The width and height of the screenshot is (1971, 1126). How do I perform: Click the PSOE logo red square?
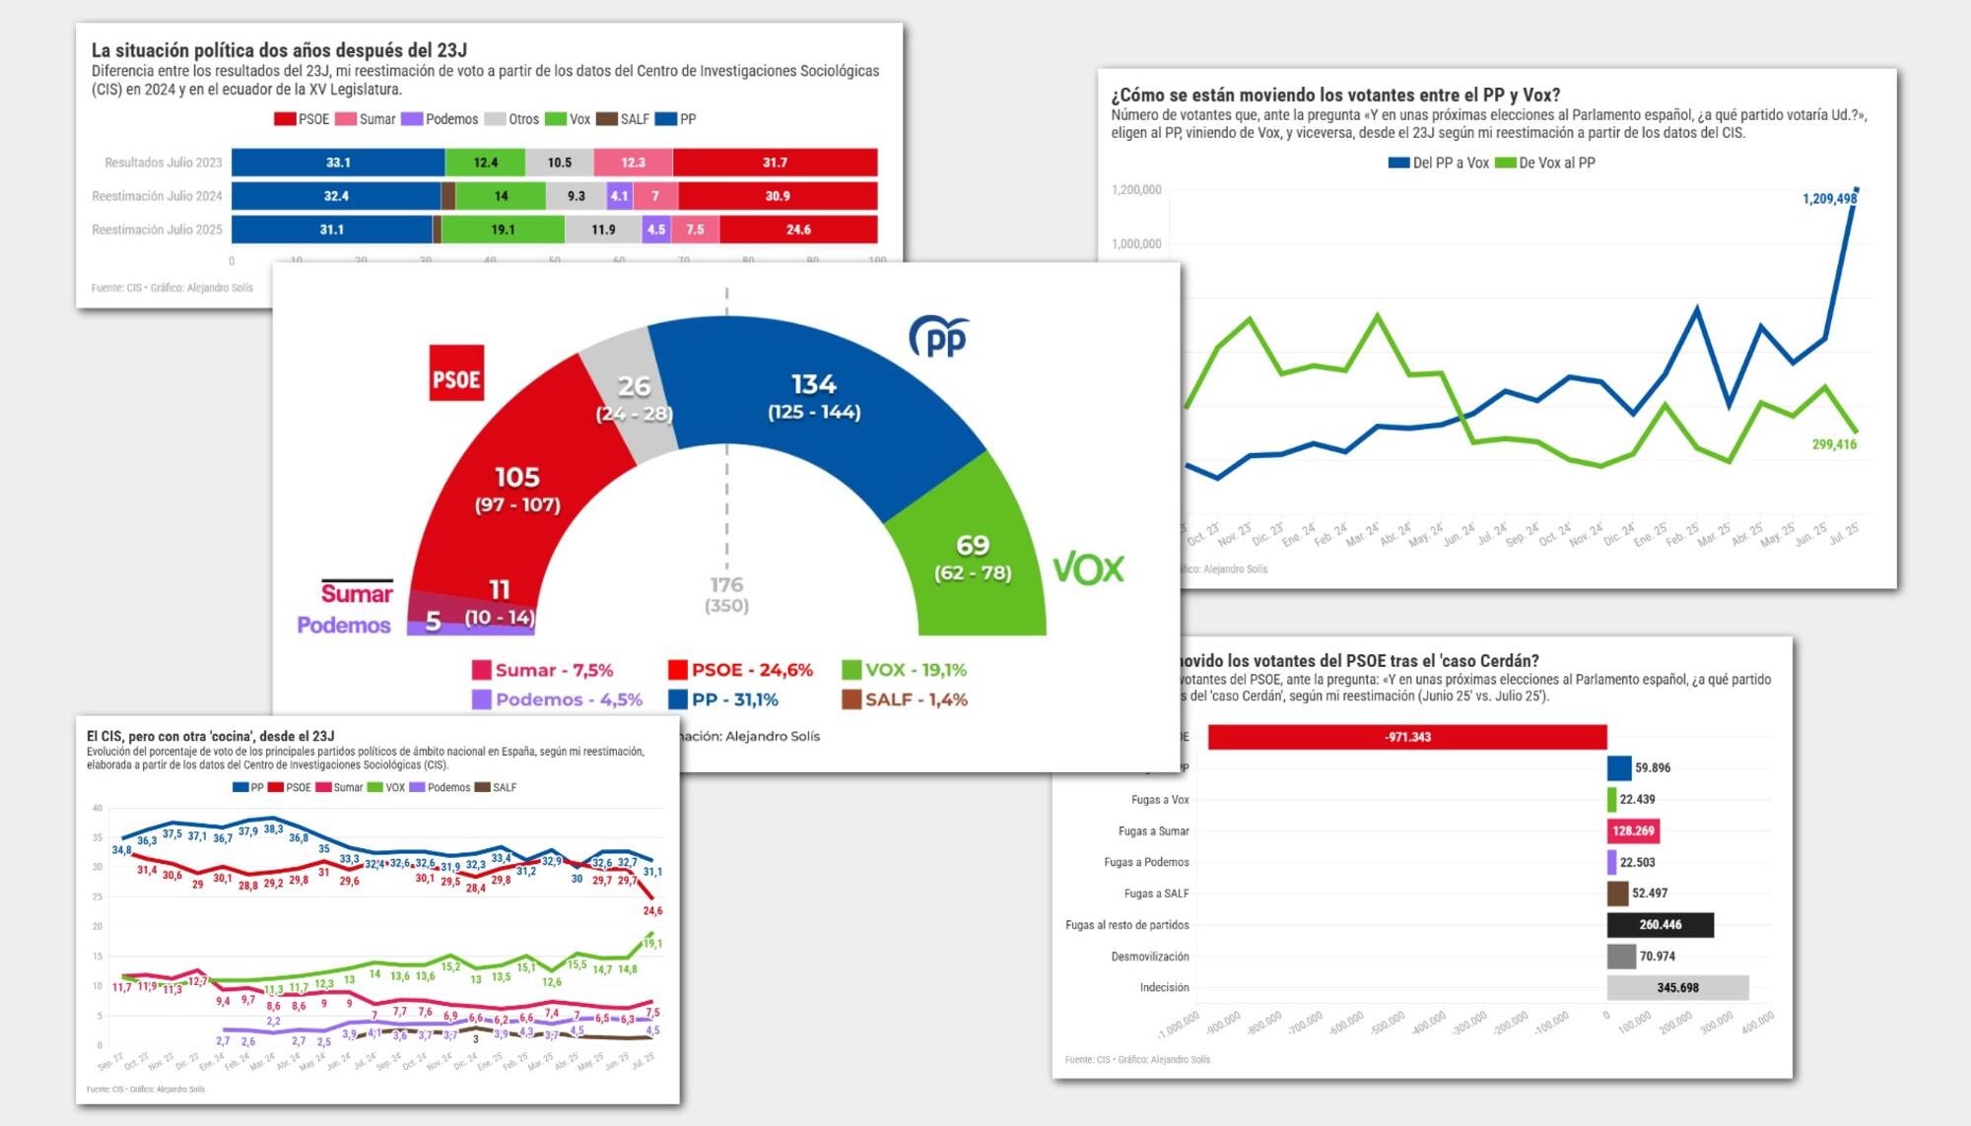456,372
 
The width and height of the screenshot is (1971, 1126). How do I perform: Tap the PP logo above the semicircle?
938,337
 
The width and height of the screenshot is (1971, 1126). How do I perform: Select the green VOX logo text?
1088,568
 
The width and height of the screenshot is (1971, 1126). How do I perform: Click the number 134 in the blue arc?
814,384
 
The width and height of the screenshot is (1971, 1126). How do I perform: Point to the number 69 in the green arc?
973,545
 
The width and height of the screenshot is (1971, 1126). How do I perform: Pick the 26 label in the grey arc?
634,386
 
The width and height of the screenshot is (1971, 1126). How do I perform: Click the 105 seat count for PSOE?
517,478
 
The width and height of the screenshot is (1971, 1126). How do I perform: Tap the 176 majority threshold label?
726,585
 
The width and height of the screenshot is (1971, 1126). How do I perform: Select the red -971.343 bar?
1407,737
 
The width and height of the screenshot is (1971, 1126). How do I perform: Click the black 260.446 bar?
1660,925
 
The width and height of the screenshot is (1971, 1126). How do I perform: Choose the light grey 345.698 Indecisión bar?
1677,987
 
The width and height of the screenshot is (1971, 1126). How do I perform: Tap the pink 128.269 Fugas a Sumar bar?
1633,830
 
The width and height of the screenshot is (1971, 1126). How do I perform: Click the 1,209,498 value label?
1829,199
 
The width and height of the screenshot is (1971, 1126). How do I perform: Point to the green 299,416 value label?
1834,444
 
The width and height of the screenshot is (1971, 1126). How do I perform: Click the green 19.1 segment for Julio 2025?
503,230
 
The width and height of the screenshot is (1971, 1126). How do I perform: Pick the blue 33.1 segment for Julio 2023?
338,163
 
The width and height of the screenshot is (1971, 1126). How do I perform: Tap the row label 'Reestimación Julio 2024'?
157,196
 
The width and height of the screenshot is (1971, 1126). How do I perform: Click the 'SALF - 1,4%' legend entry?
905,699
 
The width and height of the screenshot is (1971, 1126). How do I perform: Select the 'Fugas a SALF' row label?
1156,894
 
